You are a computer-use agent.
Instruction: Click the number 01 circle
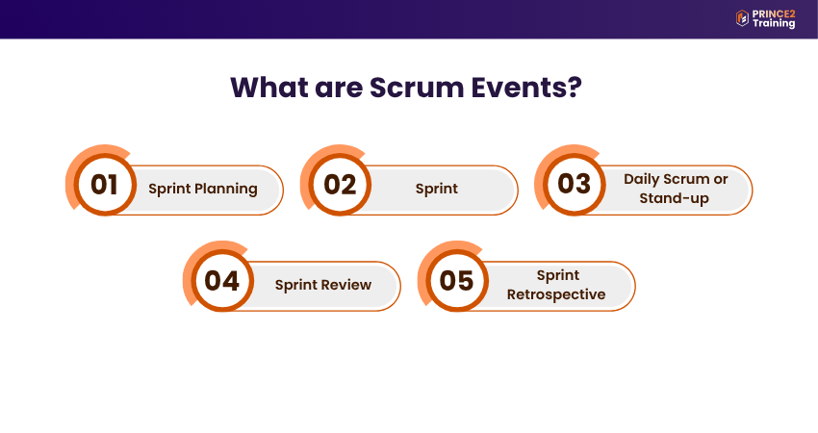pos(105,184)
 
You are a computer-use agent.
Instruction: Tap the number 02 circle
pos(340,184)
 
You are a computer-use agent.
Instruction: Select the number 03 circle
pos(575,184)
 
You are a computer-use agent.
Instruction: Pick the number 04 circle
pos(222,281)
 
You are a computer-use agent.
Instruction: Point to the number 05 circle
pos(457,281)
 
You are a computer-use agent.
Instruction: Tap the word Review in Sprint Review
pos(348,285)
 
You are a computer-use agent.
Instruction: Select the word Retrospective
pos(556,294)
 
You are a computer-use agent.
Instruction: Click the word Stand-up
pos(674,199)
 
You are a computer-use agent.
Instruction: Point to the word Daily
pos(642,180)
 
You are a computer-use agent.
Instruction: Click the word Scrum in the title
pos(417,88)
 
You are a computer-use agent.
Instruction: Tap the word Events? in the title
pos(526,88)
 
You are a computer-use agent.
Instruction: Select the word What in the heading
pos(269,88)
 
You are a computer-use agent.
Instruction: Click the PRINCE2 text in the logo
pos(774,14)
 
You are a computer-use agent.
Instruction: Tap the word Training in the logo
pos(774,23)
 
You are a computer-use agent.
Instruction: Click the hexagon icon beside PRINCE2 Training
pos(742,18)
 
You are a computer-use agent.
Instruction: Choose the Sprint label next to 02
pos(437,189)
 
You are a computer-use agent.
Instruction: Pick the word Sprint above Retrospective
pos(557,275)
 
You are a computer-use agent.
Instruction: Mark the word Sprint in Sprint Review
pos(295,286)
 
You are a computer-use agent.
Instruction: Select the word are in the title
pos(339,88)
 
